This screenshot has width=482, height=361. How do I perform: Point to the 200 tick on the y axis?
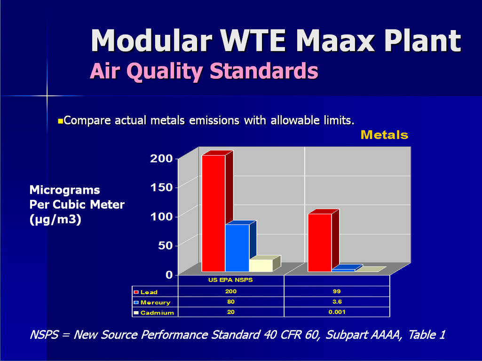pos(162,158)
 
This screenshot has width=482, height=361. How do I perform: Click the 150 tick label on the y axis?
pos(162,187)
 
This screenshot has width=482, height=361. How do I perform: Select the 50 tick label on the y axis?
pos(166,245)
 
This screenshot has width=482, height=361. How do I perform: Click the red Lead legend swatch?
pos(136,292)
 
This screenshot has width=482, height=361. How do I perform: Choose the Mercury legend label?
pos(155,302)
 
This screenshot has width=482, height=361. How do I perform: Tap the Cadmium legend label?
pos(157,313)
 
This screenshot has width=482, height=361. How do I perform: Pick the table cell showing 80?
pos(231,302)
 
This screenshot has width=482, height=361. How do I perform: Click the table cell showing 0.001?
pos(337,312)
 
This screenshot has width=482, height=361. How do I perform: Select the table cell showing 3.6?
pos(337,302)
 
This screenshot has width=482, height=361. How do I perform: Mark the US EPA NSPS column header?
pos(230,280)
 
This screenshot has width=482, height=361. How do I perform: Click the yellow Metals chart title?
pos(384,135)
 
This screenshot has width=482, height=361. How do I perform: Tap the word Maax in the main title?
pos(336,41)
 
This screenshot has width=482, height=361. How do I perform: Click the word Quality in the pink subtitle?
pos(164,71)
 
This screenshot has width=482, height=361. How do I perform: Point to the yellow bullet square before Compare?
pos(61,121)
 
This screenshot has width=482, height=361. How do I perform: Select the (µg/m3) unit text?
pos(55,220)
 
